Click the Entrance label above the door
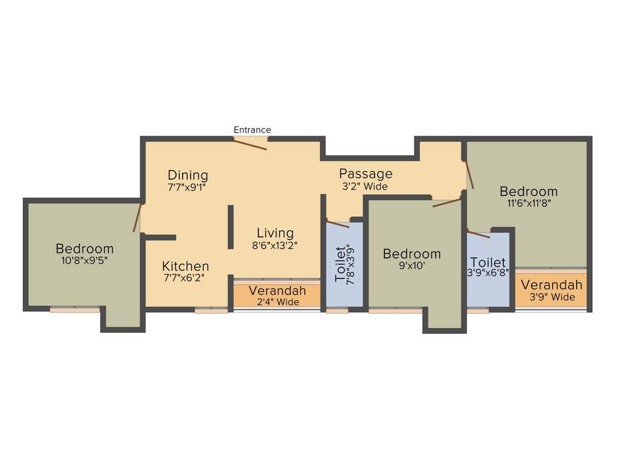tap(252, 130)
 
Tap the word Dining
tap(188, 175)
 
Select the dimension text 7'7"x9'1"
tap(188, 187)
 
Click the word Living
tap(275, 233)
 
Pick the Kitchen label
tap(186, 266)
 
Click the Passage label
tap(365, 174)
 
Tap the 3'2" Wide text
tap(365, 186)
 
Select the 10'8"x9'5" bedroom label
tap(84, 260)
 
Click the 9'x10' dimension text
tap(412, 266)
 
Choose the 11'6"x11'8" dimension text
tap(529, 203)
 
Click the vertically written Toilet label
tap(341, 264)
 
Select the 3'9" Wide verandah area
tap(551, 291)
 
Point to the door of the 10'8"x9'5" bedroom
tap(138, 218)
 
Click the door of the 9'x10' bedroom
tap(446, 201)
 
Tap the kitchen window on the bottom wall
tap(211, 310)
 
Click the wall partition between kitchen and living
tap(230, 227)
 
